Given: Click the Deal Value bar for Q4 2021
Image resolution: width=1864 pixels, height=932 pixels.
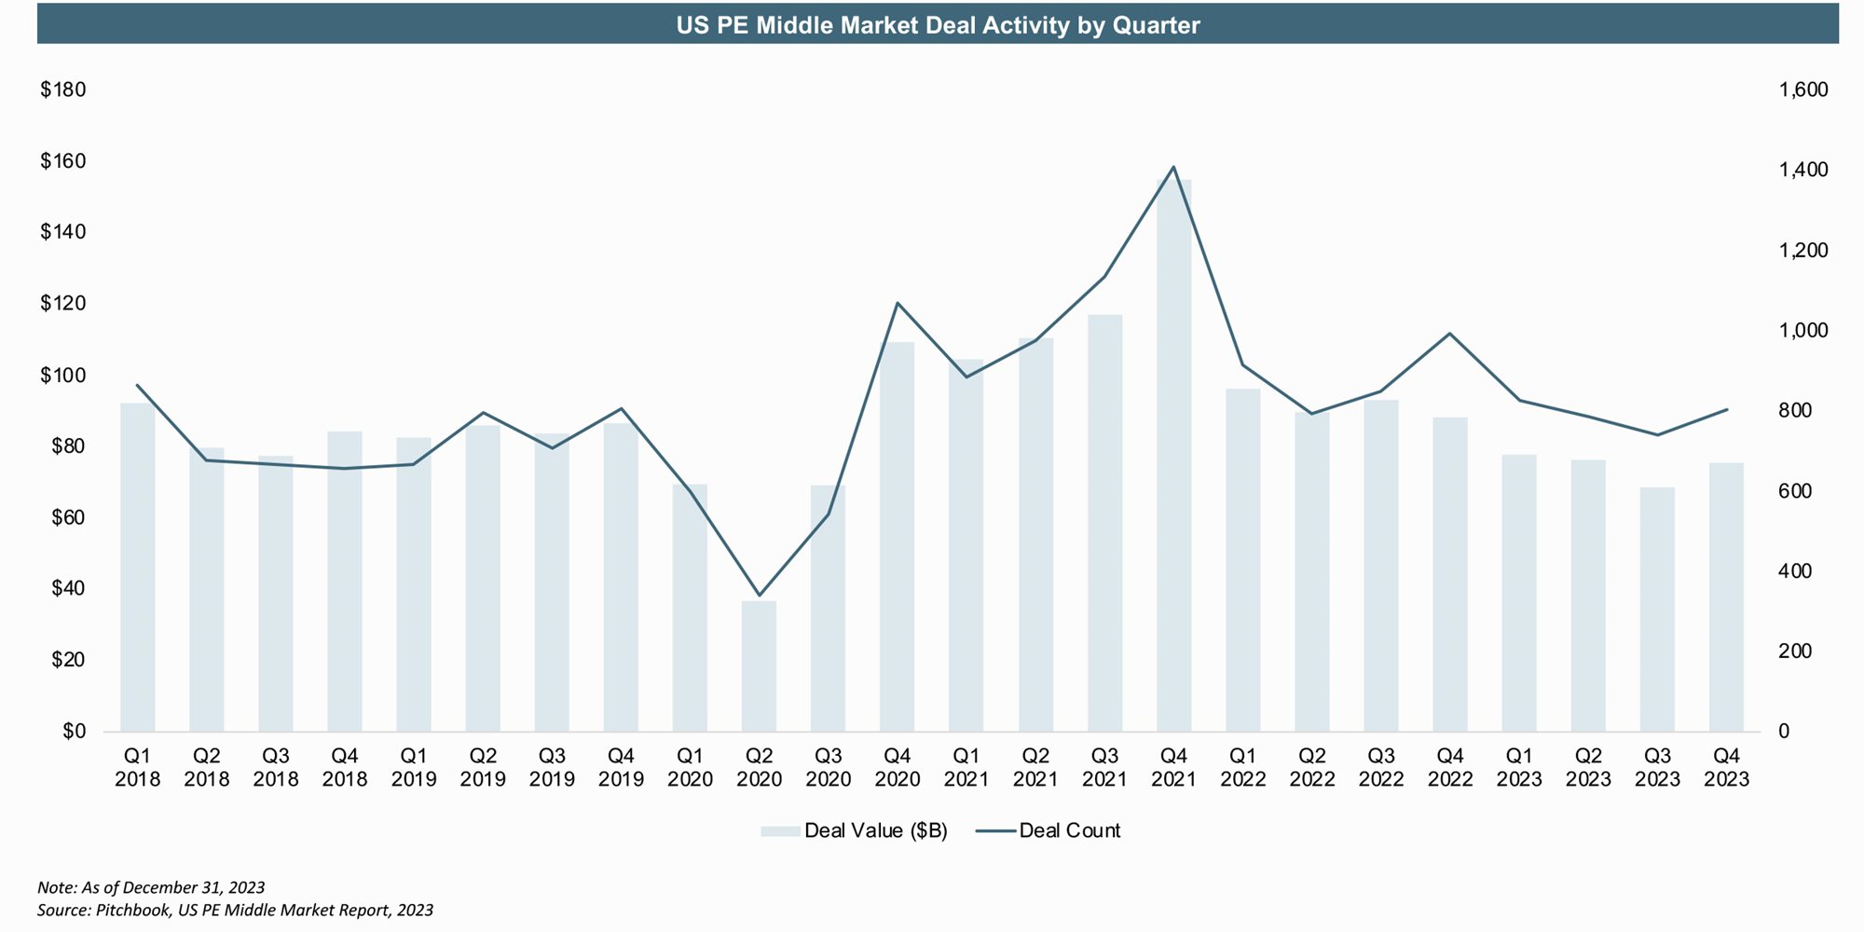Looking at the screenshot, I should [1173, 457].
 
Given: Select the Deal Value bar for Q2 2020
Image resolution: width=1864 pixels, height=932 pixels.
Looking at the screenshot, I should [759, 666].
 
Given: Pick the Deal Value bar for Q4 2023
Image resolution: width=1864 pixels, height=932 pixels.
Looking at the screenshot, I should [1726, 596].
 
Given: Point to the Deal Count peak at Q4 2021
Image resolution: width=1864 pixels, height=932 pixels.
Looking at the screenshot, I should [1173, 168].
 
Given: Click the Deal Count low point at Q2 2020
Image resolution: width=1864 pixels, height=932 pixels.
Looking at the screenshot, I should [759, 595].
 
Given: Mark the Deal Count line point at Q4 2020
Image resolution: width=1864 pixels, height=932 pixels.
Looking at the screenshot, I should [897, 303].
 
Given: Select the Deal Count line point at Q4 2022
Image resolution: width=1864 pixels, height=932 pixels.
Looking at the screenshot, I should [1450, 334].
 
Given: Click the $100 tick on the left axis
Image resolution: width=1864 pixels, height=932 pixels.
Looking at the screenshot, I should [62, 376].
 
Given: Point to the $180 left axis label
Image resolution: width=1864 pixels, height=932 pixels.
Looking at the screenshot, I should [62, 90].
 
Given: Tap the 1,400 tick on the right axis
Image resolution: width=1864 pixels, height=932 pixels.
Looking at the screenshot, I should [1803, 171].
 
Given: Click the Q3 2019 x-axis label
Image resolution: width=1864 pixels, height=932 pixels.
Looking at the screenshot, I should [552, 767].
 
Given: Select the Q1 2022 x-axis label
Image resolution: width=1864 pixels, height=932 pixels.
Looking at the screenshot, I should [1242, 767].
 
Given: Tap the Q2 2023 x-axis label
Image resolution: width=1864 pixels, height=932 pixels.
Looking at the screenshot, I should [1588, 767].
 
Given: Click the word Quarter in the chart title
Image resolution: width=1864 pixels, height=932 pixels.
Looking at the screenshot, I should [1156, 25].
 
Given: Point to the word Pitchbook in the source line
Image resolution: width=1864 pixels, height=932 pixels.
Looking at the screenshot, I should [132, 910].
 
